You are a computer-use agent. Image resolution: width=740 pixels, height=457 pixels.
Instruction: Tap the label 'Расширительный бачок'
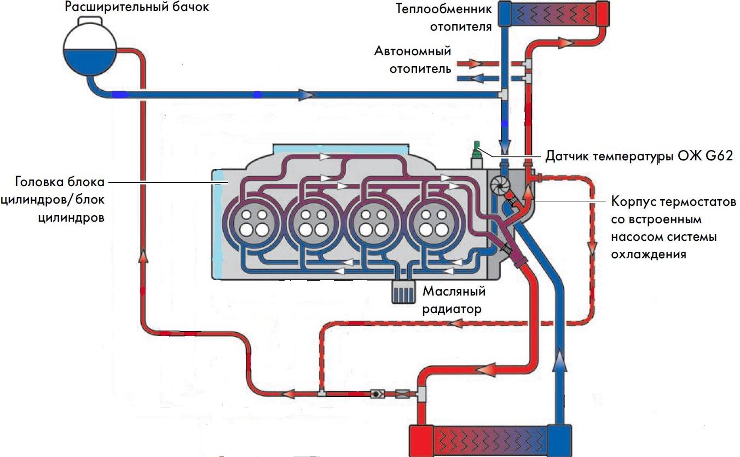click(x=137, y=8)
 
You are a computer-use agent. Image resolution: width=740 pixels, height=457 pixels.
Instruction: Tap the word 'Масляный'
click(x=453, y=291)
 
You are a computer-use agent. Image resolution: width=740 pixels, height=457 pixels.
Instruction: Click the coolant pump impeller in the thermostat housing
click(x=499, y=185)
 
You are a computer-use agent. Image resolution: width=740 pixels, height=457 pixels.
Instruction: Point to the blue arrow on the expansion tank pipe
click(x=307, y=95)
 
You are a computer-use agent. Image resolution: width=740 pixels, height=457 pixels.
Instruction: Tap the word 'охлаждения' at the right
click(x=649, y=254)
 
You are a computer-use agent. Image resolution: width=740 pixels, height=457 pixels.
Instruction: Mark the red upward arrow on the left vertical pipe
click(x=144, y=256)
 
